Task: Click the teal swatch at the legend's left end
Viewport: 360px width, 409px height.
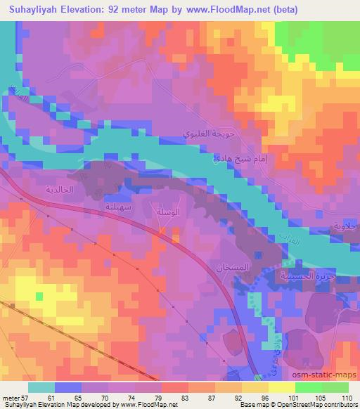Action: tap(41, 387)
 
